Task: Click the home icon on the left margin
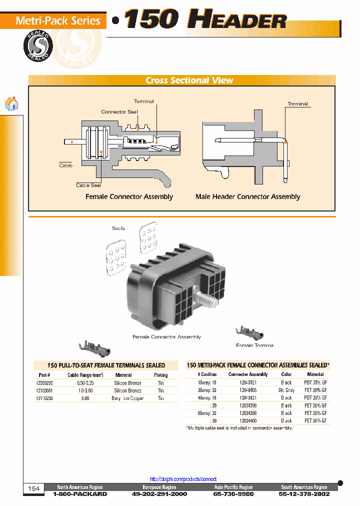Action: point(11,103)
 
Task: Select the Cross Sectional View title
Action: point(189,80)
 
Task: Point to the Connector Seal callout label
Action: point(119,111)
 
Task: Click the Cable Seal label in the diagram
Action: point(88,185)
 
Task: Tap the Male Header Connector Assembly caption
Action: point(247,196)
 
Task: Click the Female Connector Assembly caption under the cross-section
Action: point(129,196)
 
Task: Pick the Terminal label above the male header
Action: point(297,104)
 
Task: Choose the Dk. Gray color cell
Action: point(286,390)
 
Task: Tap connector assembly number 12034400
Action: point(248,420)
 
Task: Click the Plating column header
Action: point(160,374)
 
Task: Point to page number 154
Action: point(33,488)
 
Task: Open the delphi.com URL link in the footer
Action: point(183,478)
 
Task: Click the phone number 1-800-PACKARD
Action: point(79,494)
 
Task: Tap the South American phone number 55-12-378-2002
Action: point(304,494)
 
